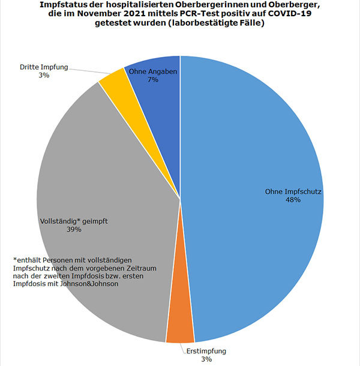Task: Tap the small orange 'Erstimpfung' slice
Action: pyautogui.click(x=180, y=331)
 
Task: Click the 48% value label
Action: pyautogui.click(x=293, y=200)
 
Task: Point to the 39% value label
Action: pyautogui.click(x=73, y=229)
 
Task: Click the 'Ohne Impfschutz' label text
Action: pyautogui.click(x=294, y=192)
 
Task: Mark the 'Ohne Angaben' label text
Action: pyautogui.click(x=152, y=71)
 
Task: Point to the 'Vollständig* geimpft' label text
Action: pyautogui.click(x=73, y=221)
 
